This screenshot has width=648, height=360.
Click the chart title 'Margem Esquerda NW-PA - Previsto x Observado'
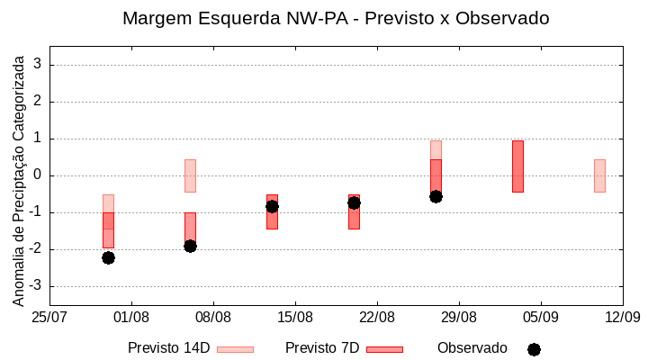coord(336,19)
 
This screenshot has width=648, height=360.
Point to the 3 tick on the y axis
coord(39,65)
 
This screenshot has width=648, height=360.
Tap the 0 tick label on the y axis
coord(39,175)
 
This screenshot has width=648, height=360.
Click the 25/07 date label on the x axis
coord(49,317)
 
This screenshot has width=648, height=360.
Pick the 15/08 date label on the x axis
coord(295,317)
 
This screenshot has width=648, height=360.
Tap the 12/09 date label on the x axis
coord(622,317)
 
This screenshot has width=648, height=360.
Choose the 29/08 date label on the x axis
coord(459,317)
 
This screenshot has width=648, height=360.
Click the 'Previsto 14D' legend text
coord(168,348)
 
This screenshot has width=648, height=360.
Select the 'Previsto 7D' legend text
coord(322,348)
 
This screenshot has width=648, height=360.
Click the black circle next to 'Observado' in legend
coord(534,349)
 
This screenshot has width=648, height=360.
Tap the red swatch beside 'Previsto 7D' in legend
coord(384,349)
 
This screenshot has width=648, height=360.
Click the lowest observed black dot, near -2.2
coord(108,257)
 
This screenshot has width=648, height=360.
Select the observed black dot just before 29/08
coord(436,196)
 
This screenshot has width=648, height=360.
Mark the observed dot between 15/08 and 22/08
coord(354,202)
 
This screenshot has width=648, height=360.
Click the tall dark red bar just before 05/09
coord(517,166)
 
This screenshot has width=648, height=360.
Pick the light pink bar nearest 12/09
coord(599,175)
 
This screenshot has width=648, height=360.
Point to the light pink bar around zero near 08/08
coord(190,175)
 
